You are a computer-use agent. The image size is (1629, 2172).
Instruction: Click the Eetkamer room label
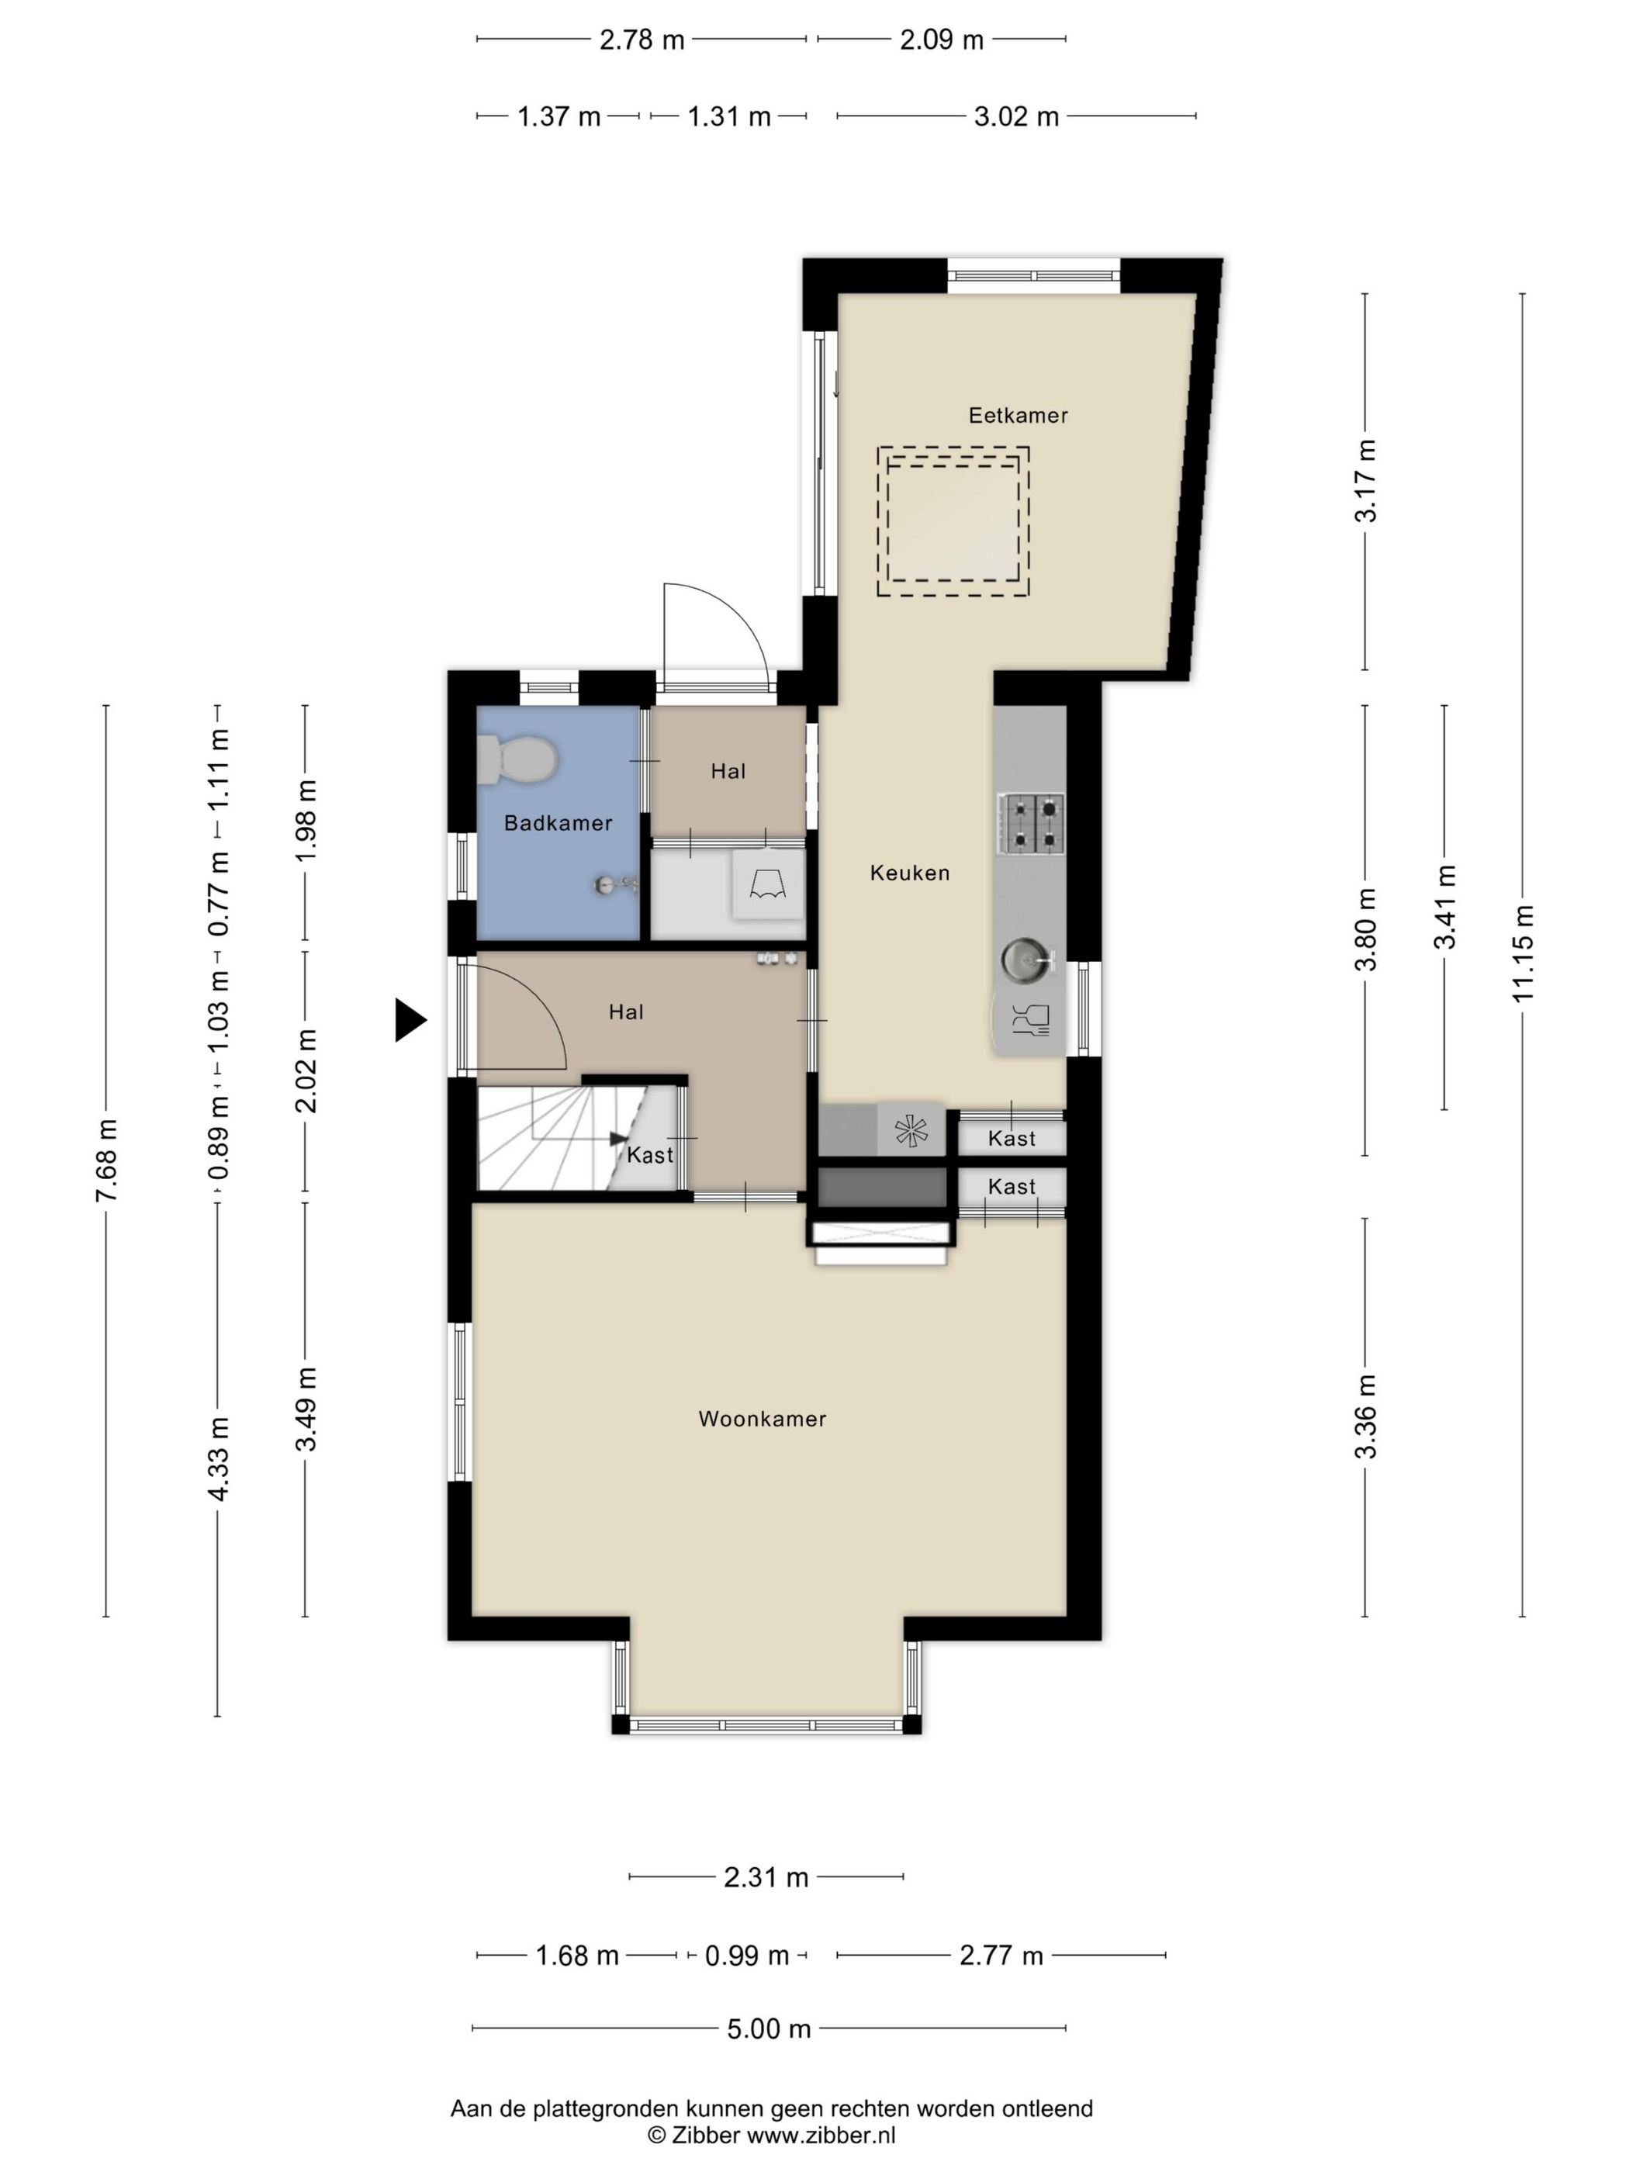pos(1017,415)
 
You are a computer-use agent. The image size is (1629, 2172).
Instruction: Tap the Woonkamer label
pos(762,1419)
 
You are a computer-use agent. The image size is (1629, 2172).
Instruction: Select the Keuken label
pos(909,873)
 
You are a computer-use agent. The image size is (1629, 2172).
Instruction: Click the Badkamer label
pos(558,823)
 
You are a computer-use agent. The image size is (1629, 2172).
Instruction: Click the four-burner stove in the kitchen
pos(1031,821)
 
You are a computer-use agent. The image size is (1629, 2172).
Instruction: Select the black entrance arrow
pos(410,1019)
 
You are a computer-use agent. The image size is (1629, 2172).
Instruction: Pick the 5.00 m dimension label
pos(769,2028)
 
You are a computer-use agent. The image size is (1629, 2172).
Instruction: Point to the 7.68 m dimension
pos(106,1160)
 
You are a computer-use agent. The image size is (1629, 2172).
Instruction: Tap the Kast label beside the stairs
pos(650,1155)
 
